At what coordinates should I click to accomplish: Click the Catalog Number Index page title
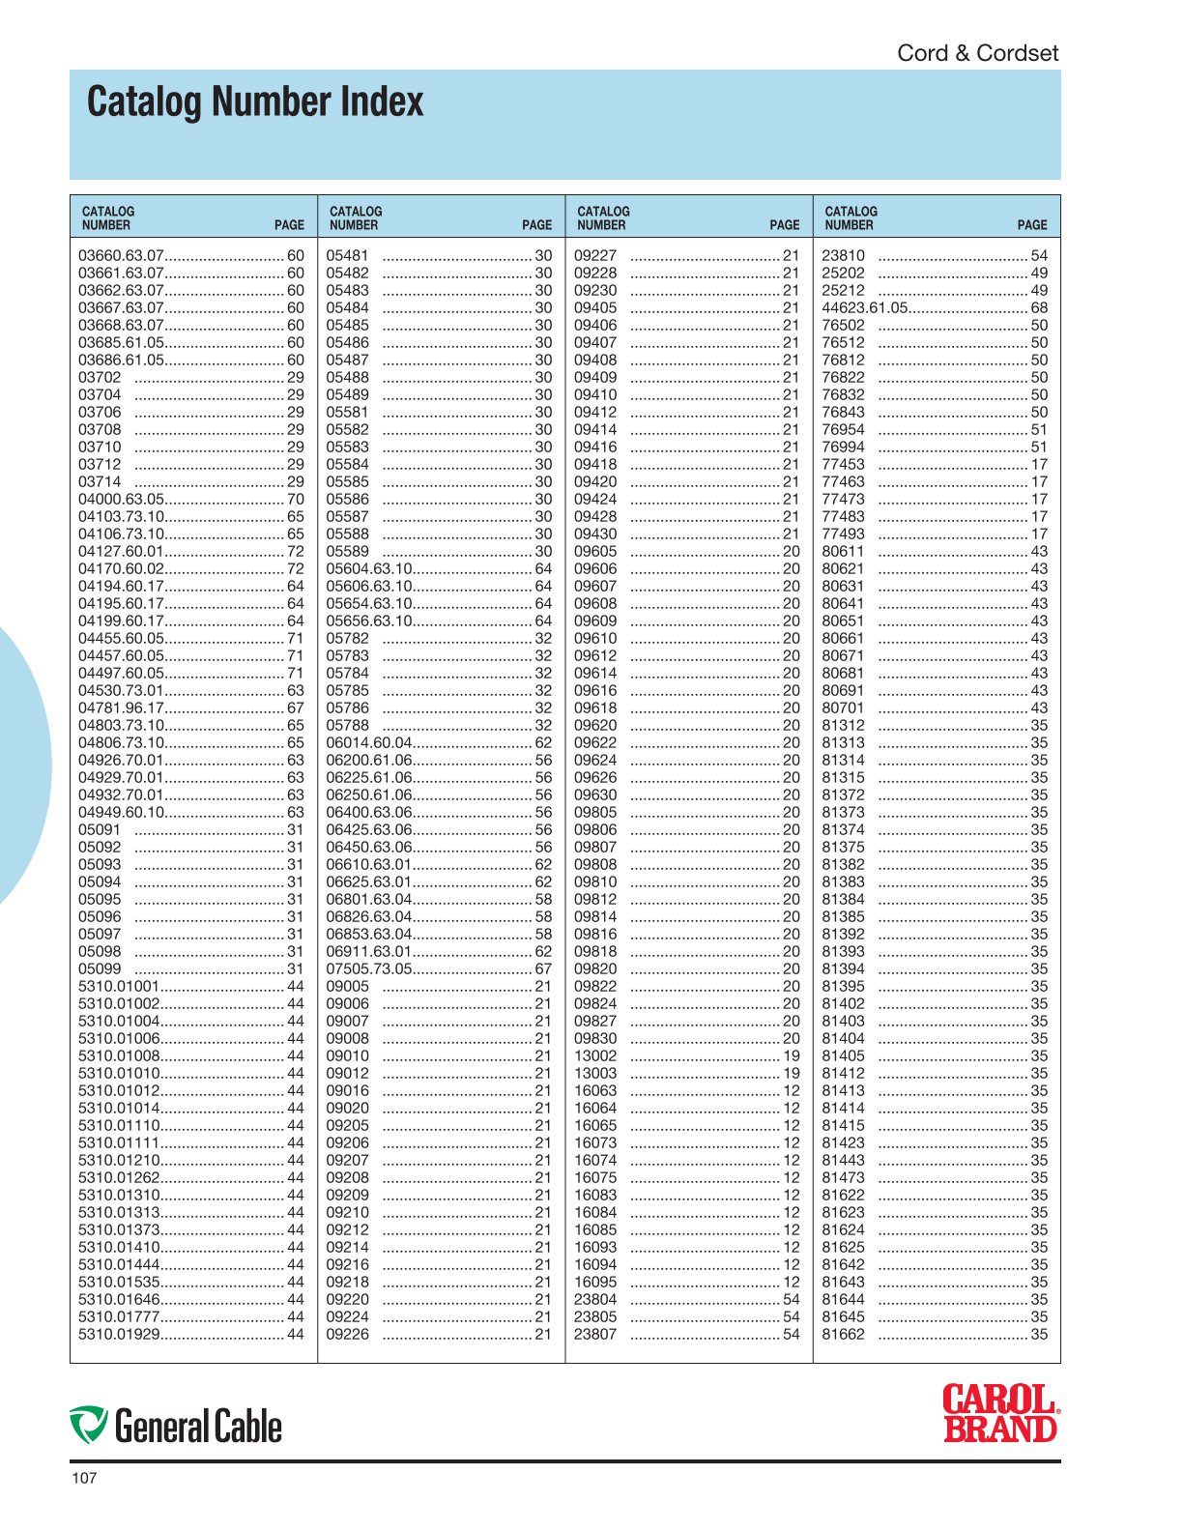[x=255, y=102]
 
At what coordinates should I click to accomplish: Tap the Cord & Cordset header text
[x=977, y=53]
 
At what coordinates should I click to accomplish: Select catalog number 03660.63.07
[x=122, y=256]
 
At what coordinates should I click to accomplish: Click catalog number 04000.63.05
[x=122, y=500]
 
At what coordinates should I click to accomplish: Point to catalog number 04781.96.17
[x=122, y=708]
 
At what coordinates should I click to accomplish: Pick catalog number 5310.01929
[x=119, y=1335]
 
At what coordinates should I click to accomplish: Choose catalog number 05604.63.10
[x=369, y=569]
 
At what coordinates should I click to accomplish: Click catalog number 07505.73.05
[x=369, y=969]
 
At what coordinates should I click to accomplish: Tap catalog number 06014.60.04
[x=369, y=743]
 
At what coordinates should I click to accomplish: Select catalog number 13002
[x=595, y=1056]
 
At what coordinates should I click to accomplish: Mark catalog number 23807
[x=595, y=1335]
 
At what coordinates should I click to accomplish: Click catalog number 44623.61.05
[x=865, y=308]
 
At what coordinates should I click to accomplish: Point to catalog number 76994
[x=843, y=448]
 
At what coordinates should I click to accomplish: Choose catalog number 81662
[x=843, y=1335]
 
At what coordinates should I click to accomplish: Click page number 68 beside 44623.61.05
[x=1039, y=308]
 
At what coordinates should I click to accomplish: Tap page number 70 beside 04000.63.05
[x=295, y=500]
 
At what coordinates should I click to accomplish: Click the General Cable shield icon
[x=88, y=1426]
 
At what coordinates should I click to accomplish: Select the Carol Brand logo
[x=1000, y=1413]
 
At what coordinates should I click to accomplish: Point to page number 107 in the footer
[x=84, y=1478]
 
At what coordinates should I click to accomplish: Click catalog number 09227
[x=595, y=256]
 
